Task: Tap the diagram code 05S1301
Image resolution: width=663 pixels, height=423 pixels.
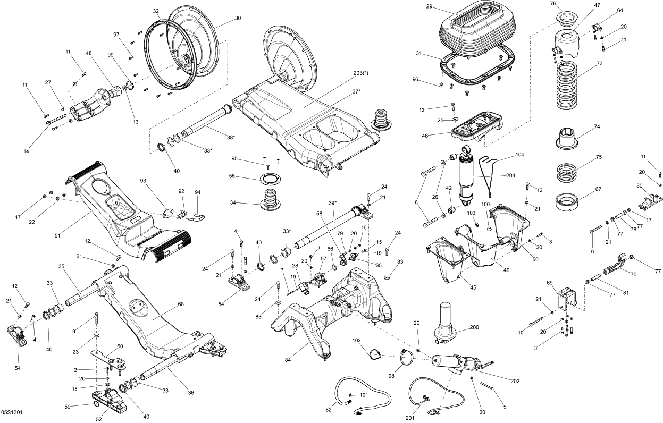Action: tap(12, 412)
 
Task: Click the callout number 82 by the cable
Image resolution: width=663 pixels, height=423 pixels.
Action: tap(329, 409)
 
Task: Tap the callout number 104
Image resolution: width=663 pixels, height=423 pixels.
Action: tap(519, 154)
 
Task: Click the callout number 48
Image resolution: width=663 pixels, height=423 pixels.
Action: tap(88, 53)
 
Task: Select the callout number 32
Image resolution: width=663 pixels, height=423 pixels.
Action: tap(156, 11)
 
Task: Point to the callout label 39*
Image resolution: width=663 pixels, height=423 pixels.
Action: tap(333, 204)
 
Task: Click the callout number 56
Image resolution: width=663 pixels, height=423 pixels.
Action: tap(232, 176)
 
